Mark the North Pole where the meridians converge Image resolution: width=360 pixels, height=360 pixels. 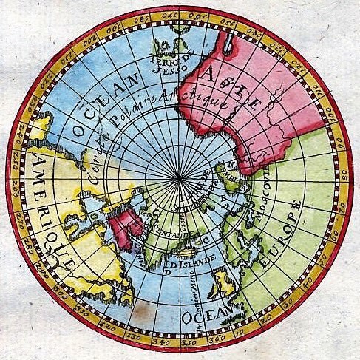[x=180, y=179]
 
